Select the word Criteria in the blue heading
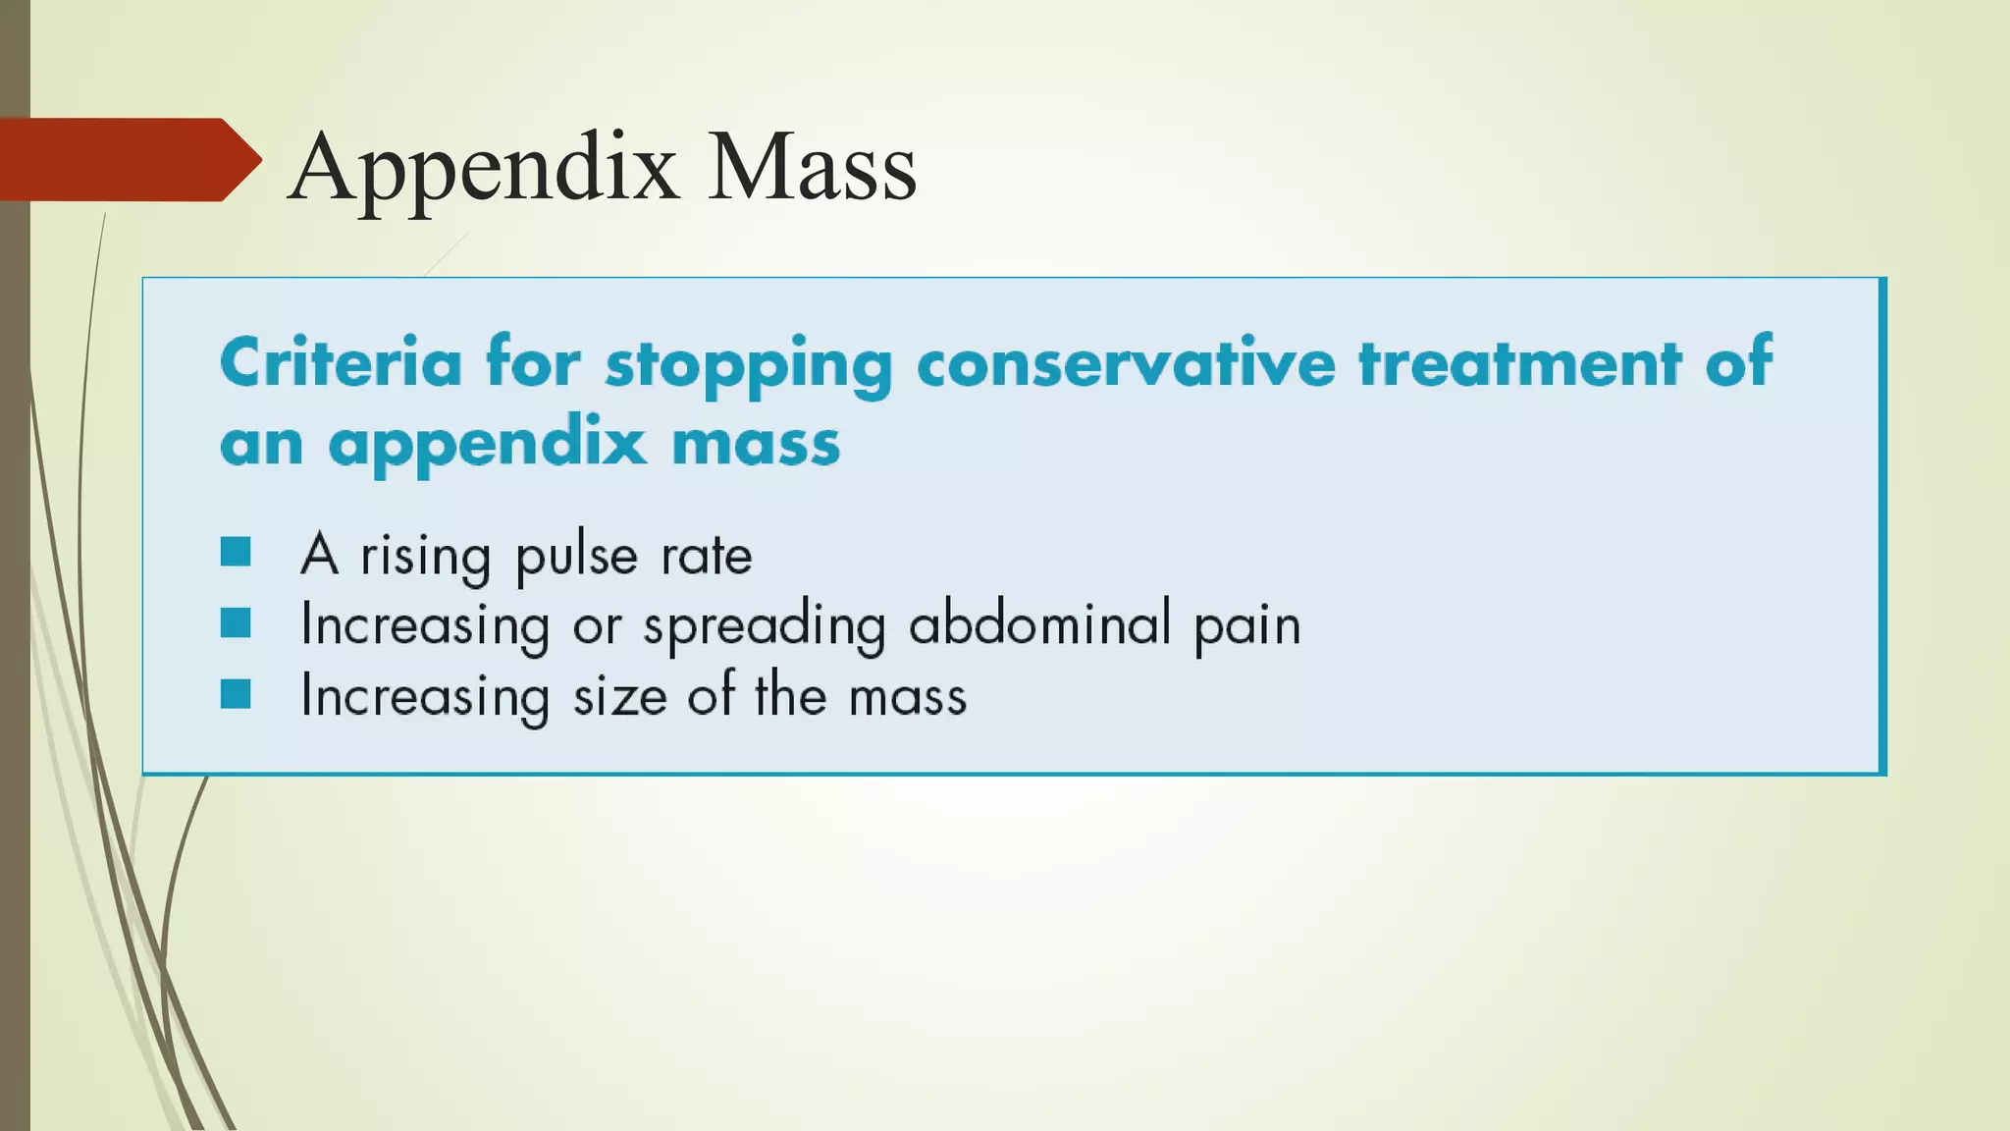(x=341, y=363)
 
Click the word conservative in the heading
(x=1125, y=363)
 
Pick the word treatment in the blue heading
(x=1519, y=363)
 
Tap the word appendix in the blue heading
(x=487, y=445)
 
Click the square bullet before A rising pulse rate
(x=236, y=552)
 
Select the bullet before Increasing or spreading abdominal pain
(x=236, y=622)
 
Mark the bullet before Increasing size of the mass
(x=236, y=694)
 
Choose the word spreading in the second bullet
(x=764, y=626)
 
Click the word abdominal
(x=1039, y=624)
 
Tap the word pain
(x=1246, y=626)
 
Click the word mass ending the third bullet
(x=907, y=697)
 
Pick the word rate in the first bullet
(x=706, y=556)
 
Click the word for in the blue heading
(x=532, y=363)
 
